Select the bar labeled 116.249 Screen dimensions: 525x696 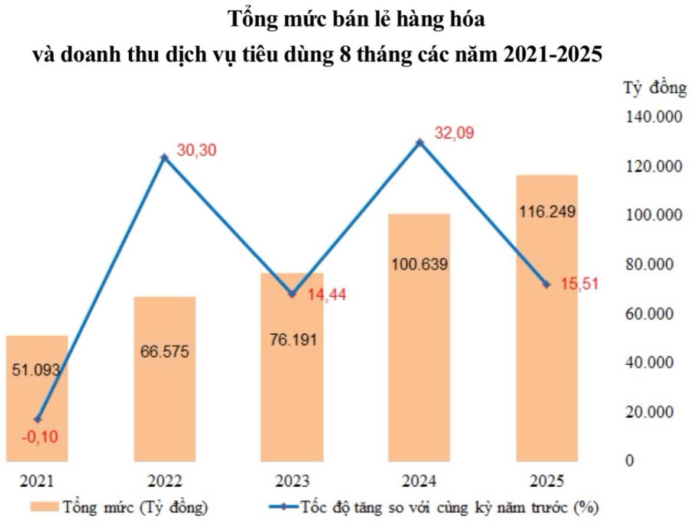click(547, 319)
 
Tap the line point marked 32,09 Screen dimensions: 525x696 click(419, 142)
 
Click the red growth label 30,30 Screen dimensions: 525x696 click(197, 150)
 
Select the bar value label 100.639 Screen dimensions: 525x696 click(419, 264)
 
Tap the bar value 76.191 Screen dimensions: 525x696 click(292, 340)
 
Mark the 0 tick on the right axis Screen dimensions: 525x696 click(629, 460)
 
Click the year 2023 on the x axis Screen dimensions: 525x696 click(292, 481)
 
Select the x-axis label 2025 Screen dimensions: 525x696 click(547, 481)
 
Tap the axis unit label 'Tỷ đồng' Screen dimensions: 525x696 click(655, 89)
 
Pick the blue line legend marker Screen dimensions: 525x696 click(284, 507)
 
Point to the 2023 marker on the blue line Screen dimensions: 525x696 click(292, 294)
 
